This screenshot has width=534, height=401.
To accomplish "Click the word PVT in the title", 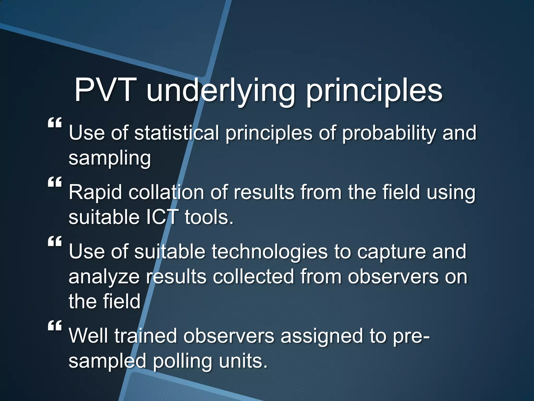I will click(106, 90).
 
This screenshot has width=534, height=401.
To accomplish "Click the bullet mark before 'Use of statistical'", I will click(55, 122).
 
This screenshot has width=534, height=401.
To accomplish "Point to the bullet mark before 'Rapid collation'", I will click(55, 182).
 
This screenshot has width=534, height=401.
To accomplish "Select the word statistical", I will click(177, 133).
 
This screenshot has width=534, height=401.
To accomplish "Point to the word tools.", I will click(209, 217).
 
